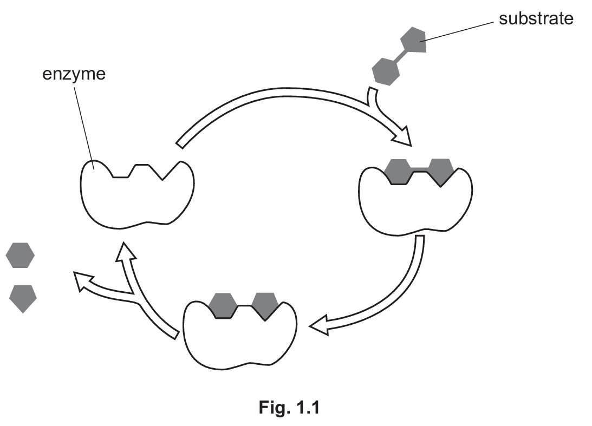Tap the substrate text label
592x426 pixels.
click(535, 18)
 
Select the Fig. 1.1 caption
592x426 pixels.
click(289, 408)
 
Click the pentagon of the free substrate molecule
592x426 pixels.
click(413, 42)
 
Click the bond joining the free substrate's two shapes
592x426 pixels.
click(399, 56)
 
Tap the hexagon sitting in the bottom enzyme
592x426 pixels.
click(223, 305)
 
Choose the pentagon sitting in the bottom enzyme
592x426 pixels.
click(265, 305)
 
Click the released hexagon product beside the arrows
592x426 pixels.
click(20, 255)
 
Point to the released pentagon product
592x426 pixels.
click(23, 298)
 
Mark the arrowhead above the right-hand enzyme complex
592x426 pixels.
click(402, 137)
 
